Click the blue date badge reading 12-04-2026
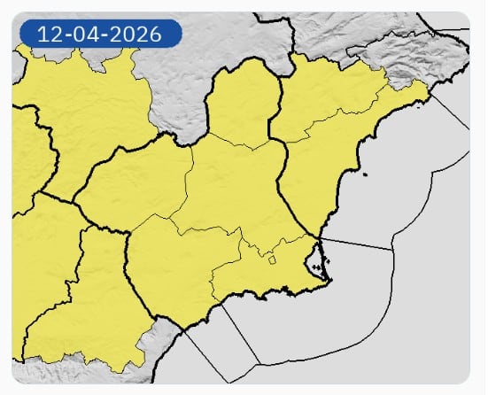(x=99, y=35)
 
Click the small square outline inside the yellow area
(x=273, y=259)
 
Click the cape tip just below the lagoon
(x=330, y=282)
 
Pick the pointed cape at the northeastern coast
(x=429, y=88)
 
